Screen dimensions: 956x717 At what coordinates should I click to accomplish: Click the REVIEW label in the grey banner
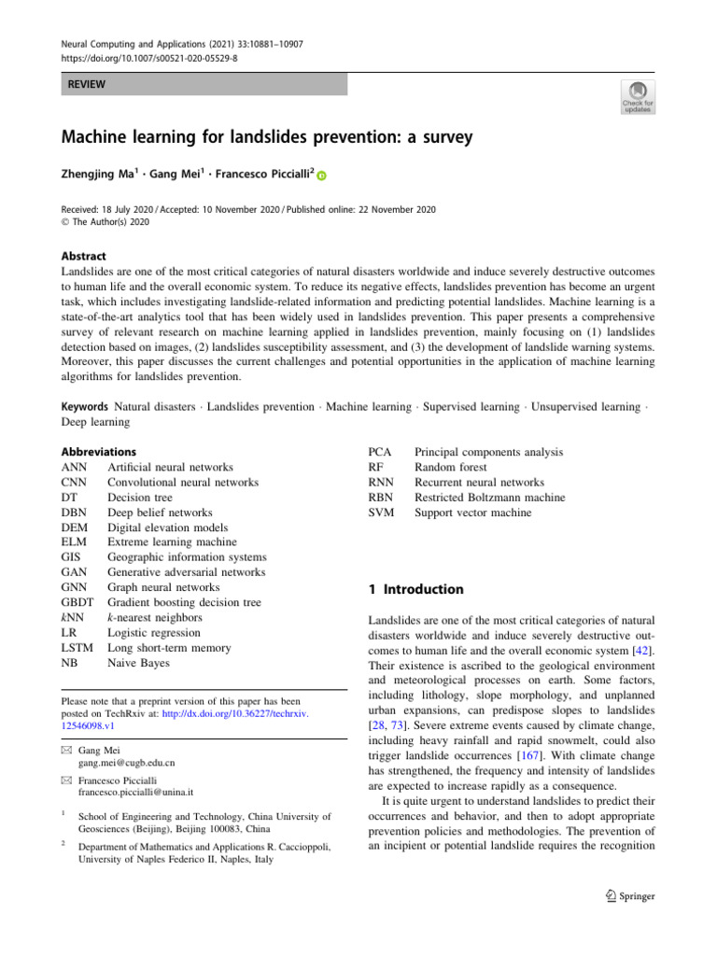point(85,85)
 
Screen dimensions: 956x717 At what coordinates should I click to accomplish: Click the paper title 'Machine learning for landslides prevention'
point(267,137)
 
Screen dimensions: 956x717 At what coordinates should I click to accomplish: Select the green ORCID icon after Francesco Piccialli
point(322,176)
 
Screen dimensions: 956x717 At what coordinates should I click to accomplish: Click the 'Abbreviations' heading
point(98,451)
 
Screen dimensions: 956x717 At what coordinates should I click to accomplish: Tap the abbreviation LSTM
point(77,646)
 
